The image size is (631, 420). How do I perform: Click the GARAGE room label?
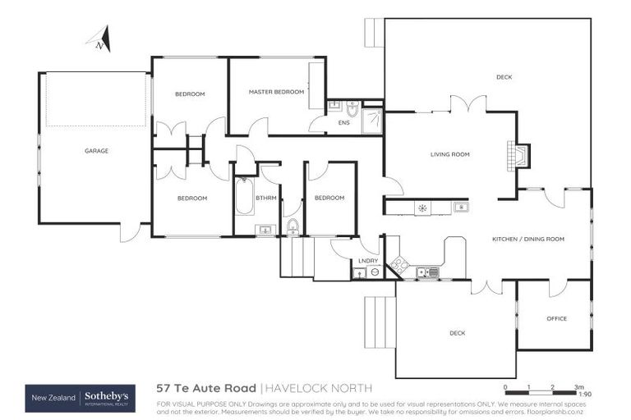coord(96,151)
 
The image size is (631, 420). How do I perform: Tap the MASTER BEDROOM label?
coord(276,92)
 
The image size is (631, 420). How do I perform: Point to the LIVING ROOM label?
coord(449,154)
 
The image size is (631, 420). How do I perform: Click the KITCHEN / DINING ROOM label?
coord(528,239)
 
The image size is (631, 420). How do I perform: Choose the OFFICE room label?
coord(556,318)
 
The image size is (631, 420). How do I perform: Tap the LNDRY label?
coord(367,261)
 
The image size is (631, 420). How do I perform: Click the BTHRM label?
coord(265,198)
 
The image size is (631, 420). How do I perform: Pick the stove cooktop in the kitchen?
coord(398,265)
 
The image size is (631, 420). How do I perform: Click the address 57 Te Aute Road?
coord(206,388)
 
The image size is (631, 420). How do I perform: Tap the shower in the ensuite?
coord(372,120)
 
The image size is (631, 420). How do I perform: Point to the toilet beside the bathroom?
coord(292,226)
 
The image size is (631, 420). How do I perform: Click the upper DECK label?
coord(504,78)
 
